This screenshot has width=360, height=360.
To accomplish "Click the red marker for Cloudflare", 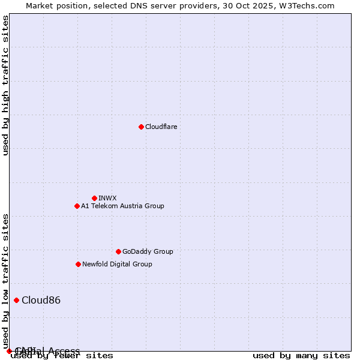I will [141, 127].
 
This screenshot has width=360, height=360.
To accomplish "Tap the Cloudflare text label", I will [161, 127].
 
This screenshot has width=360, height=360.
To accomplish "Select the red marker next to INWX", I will [94, 198].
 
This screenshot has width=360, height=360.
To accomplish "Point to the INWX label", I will [107, 198].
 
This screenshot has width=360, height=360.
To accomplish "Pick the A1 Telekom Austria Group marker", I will [77, 206].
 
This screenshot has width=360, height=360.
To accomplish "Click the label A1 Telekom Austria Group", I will [122, 206].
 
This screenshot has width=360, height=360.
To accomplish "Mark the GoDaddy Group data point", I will [118, 251].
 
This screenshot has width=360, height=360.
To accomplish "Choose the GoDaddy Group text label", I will [148, 251].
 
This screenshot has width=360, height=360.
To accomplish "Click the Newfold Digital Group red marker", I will [78, 264].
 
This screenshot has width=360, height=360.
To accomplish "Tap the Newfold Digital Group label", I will [117, 264].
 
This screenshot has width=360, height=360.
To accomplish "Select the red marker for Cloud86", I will [16, 300].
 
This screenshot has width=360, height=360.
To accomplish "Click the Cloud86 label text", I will [41, 300].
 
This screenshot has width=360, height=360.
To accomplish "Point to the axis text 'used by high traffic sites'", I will [6, 85].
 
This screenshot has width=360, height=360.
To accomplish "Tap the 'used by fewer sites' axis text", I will [62, 355].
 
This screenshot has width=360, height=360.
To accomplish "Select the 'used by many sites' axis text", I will [301, 355].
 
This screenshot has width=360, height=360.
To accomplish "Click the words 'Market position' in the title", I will [53, 5].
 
